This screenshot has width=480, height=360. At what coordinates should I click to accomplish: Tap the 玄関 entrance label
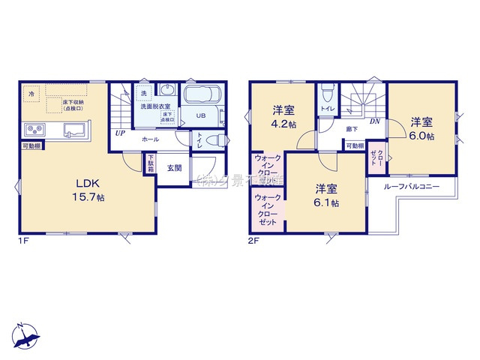pos(173,167)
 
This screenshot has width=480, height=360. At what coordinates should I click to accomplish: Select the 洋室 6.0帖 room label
pos(421,129)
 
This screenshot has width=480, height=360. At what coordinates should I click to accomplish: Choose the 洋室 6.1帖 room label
pos(325,195)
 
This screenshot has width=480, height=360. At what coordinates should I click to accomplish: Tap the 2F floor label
pos(253,241)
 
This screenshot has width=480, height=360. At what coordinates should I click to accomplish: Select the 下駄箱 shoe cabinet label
pos(149,164)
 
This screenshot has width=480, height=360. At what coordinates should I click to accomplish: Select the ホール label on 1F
pos(151,139)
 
